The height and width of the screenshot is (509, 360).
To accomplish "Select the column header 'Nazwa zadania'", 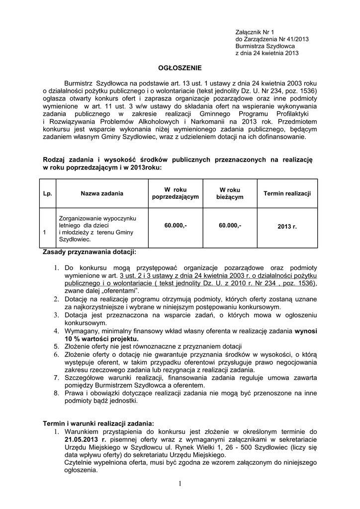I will pos(102,193).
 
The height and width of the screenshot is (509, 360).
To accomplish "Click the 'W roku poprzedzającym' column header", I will pos(176,193).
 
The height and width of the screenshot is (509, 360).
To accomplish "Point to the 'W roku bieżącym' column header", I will pos(230,193).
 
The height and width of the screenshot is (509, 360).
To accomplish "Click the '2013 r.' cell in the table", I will pos(287,226).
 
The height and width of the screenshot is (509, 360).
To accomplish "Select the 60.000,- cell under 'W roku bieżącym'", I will pos(230,226).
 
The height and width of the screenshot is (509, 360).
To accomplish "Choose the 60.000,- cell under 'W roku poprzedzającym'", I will pos(176,226).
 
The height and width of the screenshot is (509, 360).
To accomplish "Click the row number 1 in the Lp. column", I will pos(45,233).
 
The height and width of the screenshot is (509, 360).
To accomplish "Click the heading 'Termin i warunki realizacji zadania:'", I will pos(98,423).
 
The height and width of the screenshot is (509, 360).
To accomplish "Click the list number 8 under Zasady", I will pos(57,393).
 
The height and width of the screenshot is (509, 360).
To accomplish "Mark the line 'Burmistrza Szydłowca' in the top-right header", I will pos(265,46).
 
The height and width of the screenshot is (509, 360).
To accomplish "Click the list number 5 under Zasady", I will pos(57,346).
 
